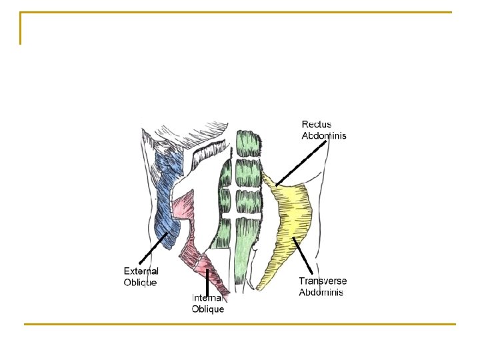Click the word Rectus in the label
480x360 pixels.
(317, 125)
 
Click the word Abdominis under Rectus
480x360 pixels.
(324, 136)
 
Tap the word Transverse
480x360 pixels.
(323, 281)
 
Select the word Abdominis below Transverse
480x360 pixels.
(321, 292)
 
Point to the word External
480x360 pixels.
(141, 271)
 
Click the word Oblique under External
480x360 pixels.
(140, 282)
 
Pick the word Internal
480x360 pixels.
(207, 298)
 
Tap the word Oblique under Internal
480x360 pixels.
(208, 309)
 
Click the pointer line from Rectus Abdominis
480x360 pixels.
(300, 163)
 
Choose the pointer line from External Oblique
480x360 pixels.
(154, 247)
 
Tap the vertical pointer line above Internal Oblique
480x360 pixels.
(207, 279)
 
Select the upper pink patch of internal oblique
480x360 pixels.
(182, 207)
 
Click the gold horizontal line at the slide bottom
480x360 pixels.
(240, 325)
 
